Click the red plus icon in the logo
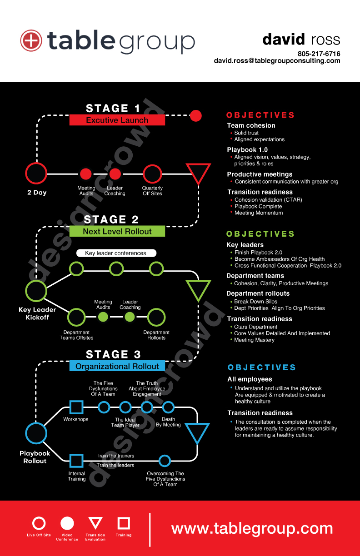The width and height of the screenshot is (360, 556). [31, 41]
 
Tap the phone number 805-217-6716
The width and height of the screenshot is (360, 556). [319, 54]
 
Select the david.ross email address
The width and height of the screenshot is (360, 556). [277, 61]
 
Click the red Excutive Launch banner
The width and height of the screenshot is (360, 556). [117, 120]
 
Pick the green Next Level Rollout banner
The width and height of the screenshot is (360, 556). [117, 231]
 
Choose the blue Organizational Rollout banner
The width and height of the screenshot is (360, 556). [117, 366]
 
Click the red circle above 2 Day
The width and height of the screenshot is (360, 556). [36, 174]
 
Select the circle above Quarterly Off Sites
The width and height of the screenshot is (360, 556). [152, 174]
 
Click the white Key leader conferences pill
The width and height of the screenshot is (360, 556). [116, 253]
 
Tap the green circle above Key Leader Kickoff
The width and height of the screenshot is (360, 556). [36, 291]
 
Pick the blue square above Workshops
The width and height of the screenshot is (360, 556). [76, 407]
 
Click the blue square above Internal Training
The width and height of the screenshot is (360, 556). [76, 461]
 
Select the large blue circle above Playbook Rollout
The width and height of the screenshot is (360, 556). [36, 433]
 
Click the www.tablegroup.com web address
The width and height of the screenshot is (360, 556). [252, 528]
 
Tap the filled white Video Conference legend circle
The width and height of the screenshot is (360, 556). [67, 523]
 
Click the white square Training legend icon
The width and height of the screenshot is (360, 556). [124, 523]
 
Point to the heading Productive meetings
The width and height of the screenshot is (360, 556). [260, 174]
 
